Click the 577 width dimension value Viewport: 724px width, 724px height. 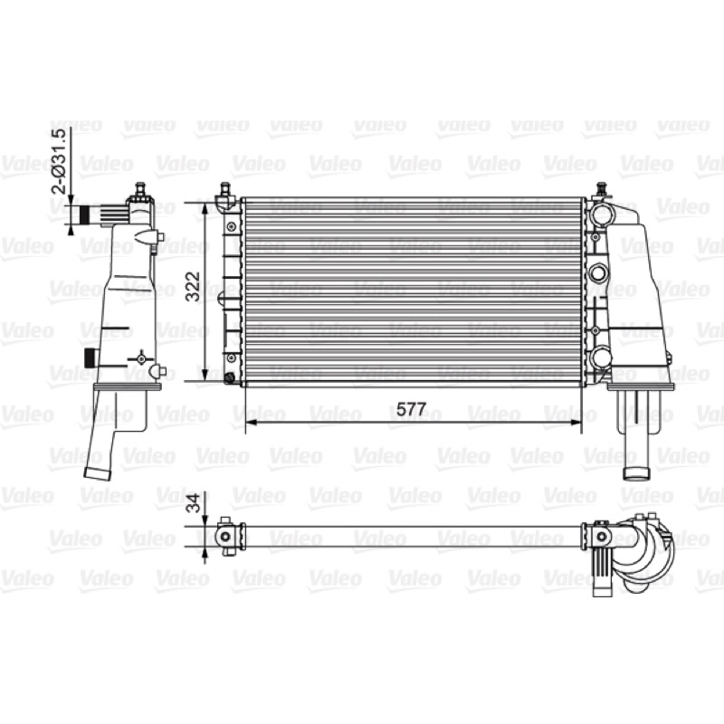pyautogui.click(x=412, y=409)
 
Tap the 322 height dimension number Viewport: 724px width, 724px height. pyautogui.click(x=193, y=287)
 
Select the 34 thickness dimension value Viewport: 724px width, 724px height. pyautogui.click(x=195, y=503)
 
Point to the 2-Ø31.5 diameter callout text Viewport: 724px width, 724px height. pyautogui.click(x=61, y=161)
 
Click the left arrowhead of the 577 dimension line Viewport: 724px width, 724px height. pyautogui.click(x=251, y=422)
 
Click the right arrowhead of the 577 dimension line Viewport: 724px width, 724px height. pyautogui.click(x=576, y=422)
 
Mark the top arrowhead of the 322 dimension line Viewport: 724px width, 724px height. pyautogui.click(x=205, y=209)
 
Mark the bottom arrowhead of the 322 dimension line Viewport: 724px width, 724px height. pyautogui.click(x=205, y=375)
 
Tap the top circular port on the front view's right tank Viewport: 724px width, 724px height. pyautogui.click(x=600, y=213)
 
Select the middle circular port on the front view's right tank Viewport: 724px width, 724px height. pyautogui.click(x=598, y=272)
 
